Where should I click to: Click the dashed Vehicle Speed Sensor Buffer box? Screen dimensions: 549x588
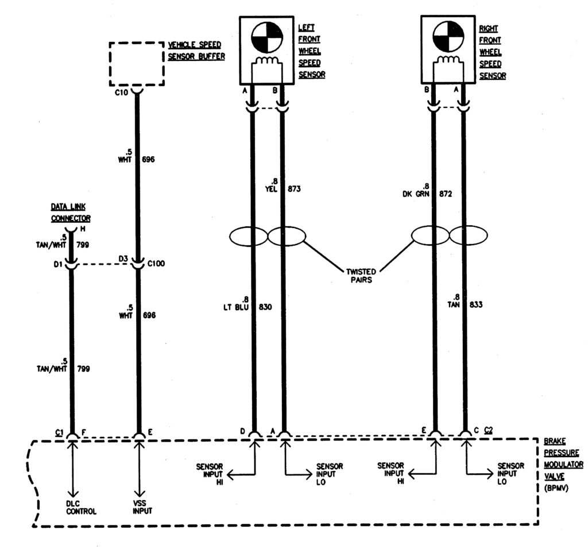pyautogui.click(x=136, y=63)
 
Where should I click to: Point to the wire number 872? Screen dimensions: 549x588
pyautogui.click(x=444, y=194)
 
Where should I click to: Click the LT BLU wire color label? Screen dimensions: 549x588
pyautogui.click(x=235, y=307)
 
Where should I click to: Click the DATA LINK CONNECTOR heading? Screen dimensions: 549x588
pyautogui.click(x=71, y=212)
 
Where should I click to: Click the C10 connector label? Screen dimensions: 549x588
pyautogui.click(x=121, y=91)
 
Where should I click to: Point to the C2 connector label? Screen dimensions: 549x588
pyautogui.click(x=489, y=430)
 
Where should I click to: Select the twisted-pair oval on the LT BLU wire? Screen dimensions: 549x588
pyautogui.click(x=248, y=235)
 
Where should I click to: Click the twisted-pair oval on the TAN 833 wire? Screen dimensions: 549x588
pyautogui.click(x=467, y=235)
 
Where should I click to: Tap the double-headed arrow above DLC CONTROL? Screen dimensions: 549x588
pyautogui.click(x=72, y=471)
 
